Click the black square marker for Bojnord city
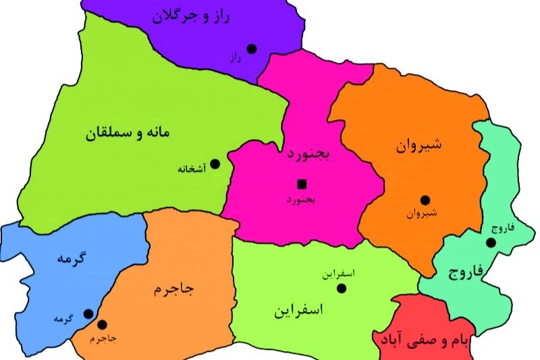[301, 183]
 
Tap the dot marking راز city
[252, 48]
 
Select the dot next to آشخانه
[215, 163]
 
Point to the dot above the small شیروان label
[425, 200]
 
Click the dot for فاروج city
[491, 242]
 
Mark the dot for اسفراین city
[342, 288]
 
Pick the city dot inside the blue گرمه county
[88, 313]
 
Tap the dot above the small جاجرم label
[103, 324]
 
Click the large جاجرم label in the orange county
[174, 290]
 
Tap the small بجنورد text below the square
[301, 200]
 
